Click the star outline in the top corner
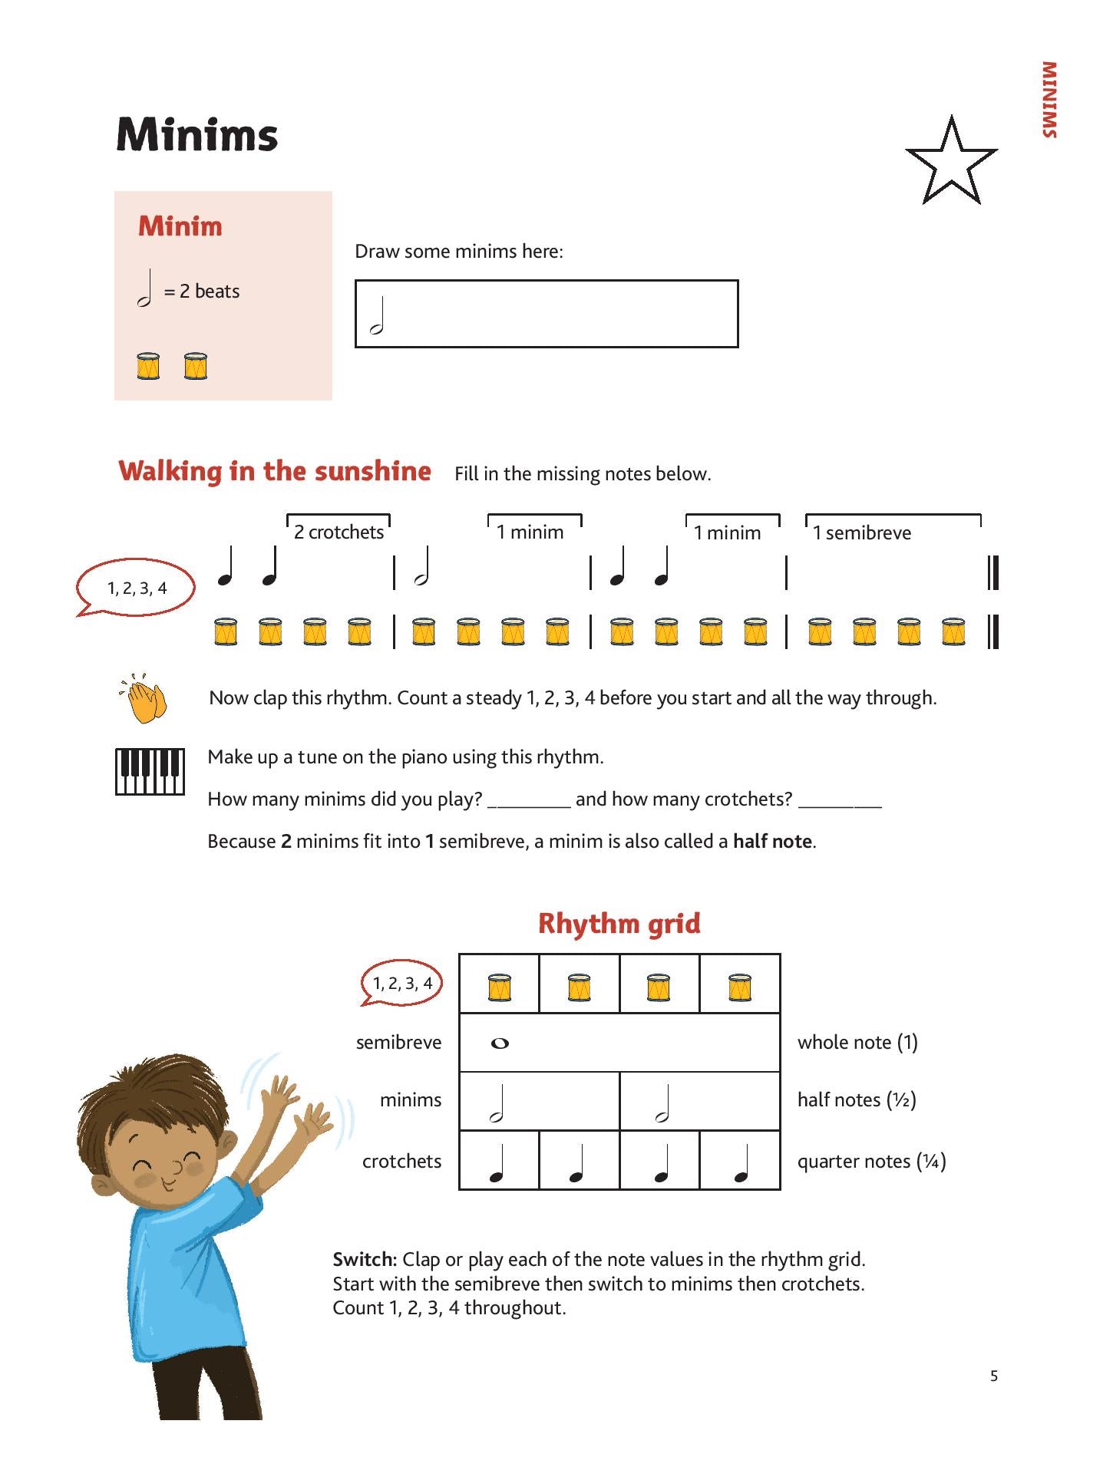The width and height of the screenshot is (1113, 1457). (x=951, y=163)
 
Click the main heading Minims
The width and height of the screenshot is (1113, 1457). (x=197, y=135)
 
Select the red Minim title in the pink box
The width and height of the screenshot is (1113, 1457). (x=180, y=226)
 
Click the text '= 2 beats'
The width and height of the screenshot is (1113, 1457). (x=202, y=292)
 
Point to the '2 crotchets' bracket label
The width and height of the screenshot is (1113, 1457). (x=339, y=532)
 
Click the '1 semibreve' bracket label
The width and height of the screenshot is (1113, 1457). (x=862, y=532)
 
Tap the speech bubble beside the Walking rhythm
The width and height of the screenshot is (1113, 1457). (x=137, y=588)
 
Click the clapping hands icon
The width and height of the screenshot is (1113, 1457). (x=143, y=699)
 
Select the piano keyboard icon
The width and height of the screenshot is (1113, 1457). (x=150, y=771)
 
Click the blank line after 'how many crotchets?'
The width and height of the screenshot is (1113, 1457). (x=840, y=803)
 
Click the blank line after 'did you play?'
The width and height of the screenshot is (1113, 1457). (x=529, y=803)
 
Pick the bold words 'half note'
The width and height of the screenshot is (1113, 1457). (x=772, y=841)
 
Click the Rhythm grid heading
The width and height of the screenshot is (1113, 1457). (x=619, y=923)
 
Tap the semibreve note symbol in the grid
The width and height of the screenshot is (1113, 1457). (x=500, y=1043)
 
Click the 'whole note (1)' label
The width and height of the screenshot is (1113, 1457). (x=857, y=1042)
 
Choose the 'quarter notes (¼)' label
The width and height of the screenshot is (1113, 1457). (x=871, y=1161)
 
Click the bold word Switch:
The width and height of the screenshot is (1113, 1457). (x=365, y=1259)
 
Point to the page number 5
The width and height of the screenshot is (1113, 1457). (x=994, y=1376)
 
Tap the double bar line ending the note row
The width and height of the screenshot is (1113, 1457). (x=992, y=573)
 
